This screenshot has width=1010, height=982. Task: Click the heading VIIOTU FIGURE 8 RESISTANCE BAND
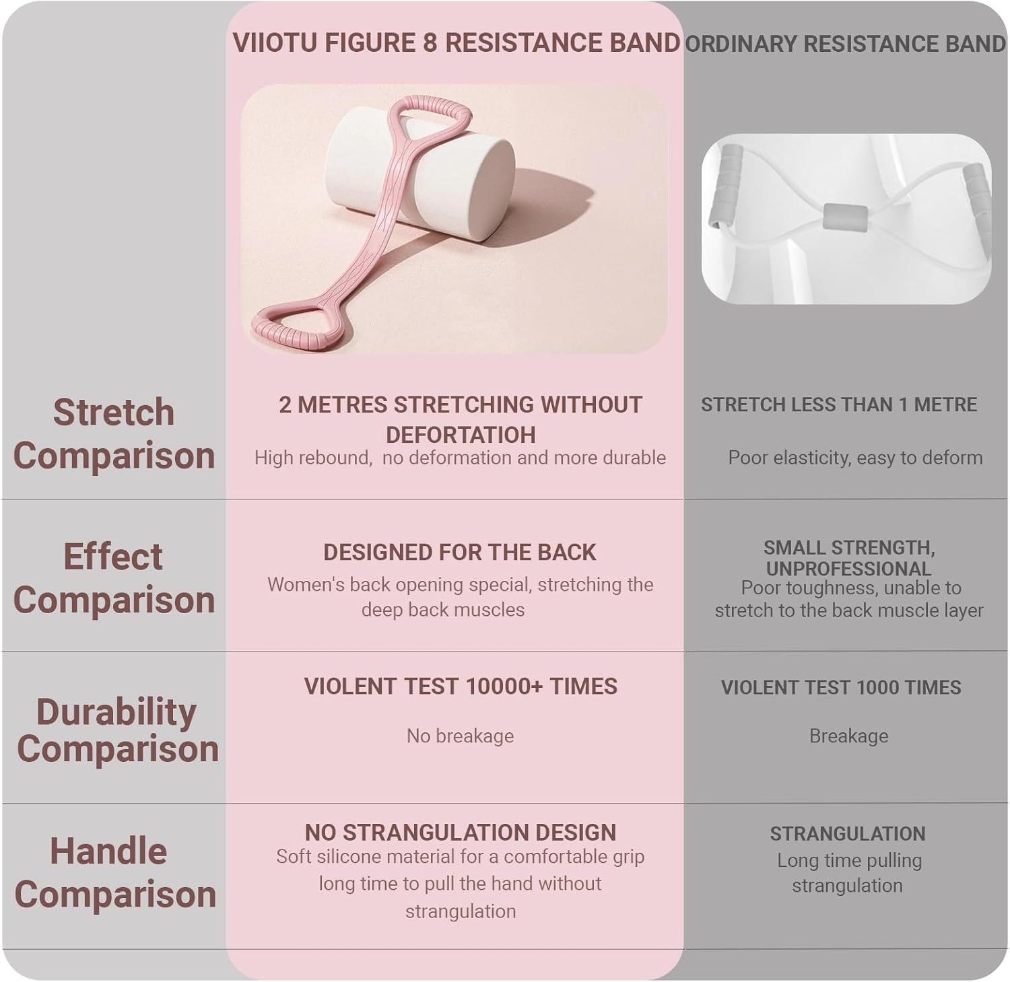pos(456,42)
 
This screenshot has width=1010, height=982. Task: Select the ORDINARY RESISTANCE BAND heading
pos(845,44)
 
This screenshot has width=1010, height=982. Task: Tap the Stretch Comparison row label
pos(114,433)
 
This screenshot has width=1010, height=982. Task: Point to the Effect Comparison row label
pos(114,578)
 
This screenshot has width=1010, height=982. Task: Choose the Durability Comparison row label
pos(117,730)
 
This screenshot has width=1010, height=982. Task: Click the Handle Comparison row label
pos(114,872)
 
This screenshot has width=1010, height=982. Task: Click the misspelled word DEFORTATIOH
pos(461,435)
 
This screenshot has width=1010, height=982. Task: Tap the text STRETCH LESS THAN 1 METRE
pos(838,405)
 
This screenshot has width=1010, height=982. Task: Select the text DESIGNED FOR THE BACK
pos(460,553)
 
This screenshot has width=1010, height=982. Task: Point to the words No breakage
pos(460,736)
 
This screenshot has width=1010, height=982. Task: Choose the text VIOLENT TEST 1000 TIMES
pos(841,687)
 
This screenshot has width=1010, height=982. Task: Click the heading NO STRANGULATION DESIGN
pos(460,833)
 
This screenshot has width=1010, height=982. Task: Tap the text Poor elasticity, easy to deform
pos(854,458)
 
